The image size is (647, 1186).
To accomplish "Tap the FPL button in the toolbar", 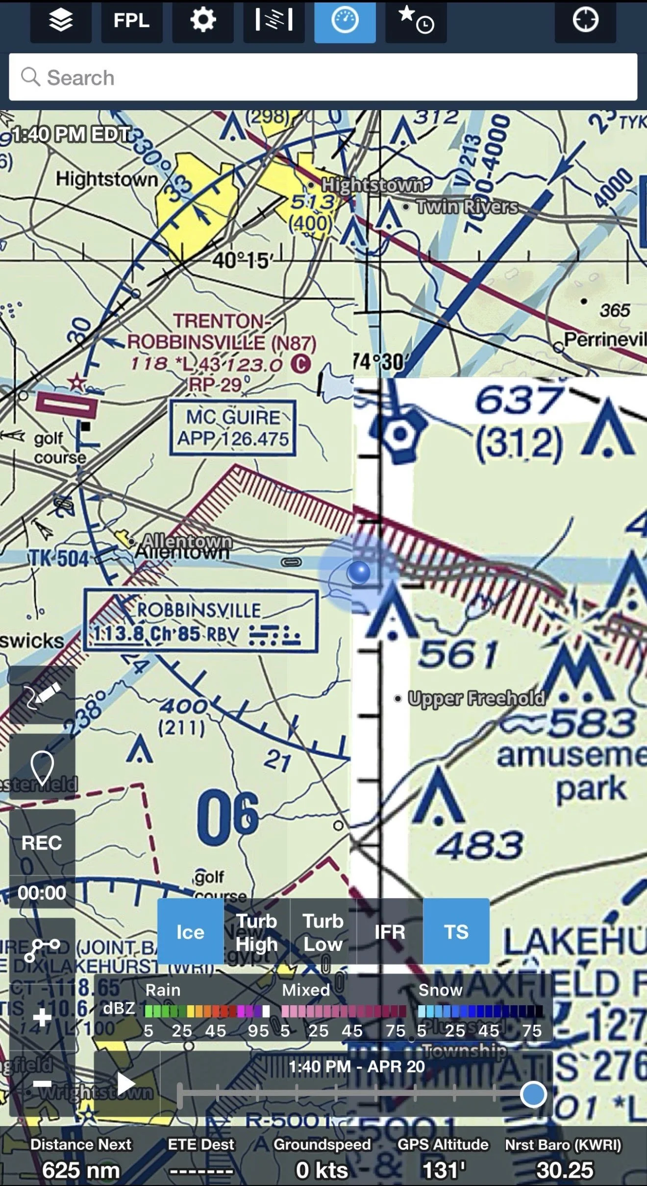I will (131, 21).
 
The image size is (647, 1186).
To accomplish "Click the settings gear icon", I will (202, 21).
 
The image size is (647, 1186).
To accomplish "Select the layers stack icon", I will (61, 21).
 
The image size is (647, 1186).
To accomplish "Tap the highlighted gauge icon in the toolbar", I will (345, 21).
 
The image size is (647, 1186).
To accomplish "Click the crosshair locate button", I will (585, 21).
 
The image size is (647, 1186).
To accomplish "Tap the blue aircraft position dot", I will (359, 571).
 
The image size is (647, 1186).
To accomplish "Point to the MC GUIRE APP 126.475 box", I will (233, 428).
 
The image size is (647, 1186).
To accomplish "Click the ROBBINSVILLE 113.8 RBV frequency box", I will (200, 621).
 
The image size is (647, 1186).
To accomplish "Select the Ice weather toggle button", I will (190, 931).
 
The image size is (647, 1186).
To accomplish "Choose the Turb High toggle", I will (257, 931).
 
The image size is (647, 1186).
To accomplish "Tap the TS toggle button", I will (456, 931).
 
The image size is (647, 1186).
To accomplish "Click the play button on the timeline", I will (126, 1083).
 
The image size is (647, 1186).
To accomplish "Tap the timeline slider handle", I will (533, 1094).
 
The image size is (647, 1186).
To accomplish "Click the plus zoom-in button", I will (42, 1018).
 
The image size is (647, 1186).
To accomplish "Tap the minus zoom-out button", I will (42, 1084).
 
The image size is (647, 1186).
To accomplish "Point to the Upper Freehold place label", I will (475, 698).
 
